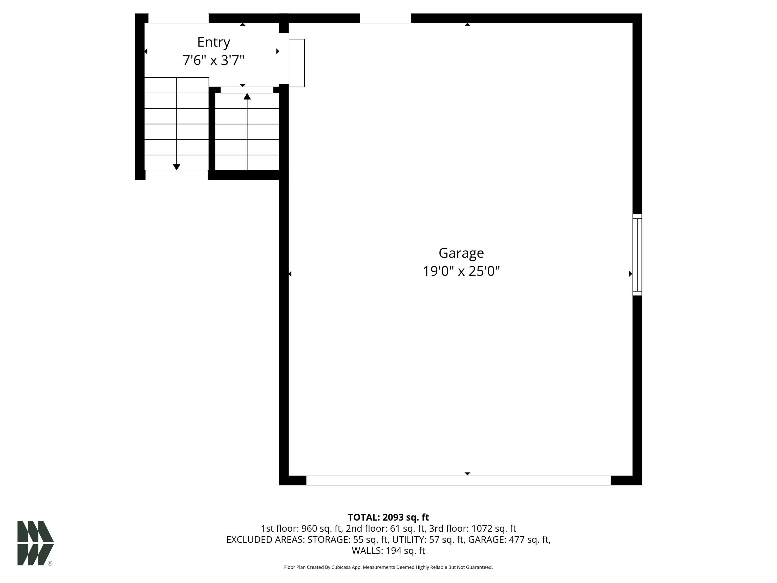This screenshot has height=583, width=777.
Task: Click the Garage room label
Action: [x=461, y=253]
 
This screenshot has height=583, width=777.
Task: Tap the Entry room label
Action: [x=213, y=42]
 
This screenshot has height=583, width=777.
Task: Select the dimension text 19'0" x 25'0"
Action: [x=461, y=271]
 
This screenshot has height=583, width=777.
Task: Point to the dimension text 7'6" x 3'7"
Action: [x=213, y=60]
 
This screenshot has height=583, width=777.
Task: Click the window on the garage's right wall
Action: [x=637, y=255]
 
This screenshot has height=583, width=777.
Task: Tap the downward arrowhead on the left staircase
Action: [x=177, y=167]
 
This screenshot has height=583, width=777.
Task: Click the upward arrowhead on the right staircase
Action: [x=247, y=96]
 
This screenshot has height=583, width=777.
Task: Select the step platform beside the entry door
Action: [x=296, y=63]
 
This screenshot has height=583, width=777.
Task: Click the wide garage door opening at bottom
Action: [x=458, y=480]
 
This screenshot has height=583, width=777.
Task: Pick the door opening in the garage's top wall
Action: [x=385, y=18]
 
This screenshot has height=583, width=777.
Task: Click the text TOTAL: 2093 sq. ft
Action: [x=388, y=517]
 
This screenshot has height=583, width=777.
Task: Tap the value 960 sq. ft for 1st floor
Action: [x=322, y=529]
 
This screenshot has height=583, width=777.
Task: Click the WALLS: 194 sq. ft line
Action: [x=388, y=551]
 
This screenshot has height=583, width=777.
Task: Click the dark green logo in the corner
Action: [x=35, y=543]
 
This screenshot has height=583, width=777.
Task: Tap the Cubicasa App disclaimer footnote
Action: [x=388, y=567]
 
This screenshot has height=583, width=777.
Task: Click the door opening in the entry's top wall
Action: [x=179, y=18]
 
